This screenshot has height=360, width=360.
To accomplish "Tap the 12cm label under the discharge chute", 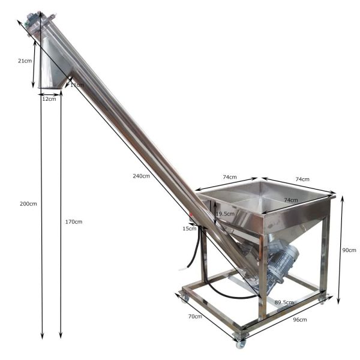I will click(x=49, y=99).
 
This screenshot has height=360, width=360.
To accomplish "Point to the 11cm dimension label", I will click(x=77, y=85).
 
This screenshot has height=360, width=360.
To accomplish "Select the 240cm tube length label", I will click(x=142, y=176).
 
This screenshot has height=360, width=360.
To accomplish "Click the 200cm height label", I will click(x=28, y=204).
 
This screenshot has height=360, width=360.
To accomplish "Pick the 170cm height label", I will click(x=73, y=222).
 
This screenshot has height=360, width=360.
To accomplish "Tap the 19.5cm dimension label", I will click(x=224, y=214).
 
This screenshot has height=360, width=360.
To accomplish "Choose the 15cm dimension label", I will click(x=189, y=228).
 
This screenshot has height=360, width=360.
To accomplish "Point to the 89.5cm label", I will click(x=284, y=302).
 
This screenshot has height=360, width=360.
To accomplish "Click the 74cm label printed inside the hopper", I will click(x=291, y=200).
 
